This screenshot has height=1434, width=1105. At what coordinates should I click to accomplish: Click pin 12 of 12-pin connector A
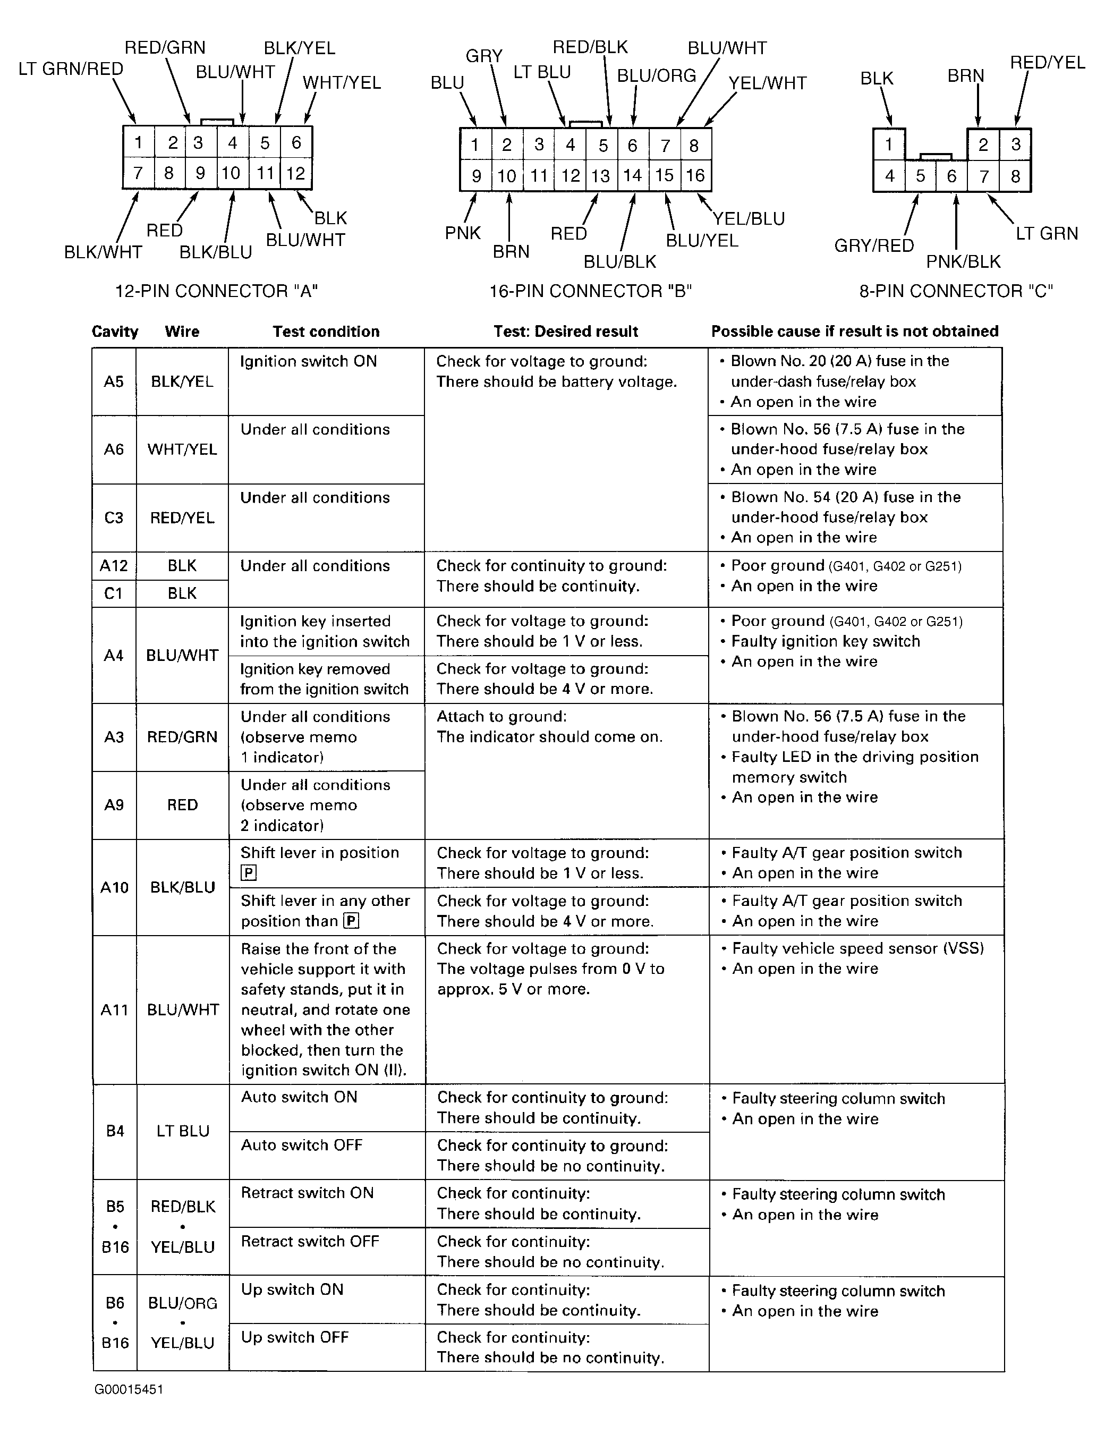295,173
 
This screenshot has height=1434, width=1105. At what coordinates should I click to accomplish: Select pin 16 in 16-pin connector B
695,175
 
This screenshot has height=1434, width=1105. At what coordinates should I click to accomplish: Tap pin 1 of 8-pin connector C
888,145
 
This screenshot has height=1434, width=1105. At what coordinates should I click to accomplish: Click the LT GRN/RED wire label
71,69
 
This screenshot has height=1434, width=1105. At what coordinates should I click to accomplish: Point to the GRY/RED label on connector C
874,245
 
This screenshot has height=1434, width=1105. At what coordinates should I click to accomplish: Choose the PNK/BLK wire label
963,261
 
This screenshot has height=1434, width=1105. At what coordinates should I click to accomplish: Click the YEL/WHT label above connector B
767,83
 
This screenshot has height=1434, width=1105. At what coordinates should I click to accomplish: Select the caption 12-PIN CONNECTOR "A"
217,291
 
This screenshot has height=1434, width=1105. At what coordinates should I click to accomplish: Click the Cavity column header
115,332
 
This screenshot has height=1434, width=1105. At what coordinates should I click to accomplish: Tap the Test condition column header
326,332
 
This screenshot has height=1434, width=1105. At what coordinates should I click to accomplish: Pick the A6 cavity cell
114,450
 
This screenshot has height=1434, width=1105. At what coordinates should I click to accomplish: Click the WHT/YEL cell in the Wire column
182,450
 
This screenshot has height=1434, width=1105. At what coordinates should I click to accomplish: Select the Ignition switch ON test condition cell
309,361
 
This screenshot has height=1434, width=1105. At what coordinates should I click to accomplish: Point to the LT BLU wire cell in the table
183,1131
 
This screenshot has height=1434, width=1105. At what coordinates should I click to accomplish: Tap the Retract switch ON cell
307,1193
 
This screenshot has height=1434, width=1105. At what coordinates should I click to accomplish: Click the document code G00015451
129,1389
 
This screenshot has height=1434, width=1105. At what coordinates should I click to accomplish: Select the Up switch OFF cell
295,1337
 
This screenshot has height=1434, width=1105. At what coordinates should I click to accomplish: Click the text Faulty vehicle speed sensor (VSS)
857,948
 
